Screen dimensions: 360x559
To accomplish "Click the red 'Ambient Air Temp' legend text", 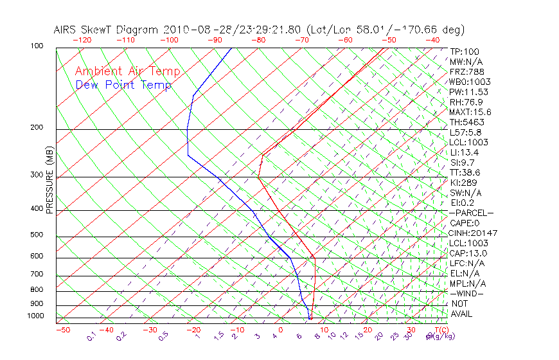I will (127, 71).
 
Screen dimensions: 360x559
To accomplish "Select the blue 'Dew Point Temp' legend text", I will (123, 85).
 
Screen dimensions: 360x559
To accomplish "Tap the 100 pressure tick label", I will (36, 46).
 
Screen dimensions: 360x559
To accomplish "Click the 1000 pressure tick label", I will (36, 316).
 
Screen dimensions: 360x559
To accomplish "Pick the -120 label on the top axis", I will (82, 39).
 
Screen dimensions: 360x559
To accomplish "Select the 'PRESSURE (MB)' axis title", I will (49, 180).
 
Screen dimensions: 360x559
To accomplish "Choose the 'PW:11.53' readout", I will (468, 92).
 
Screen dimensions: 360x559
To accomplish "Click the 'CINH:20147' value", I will (473, 233).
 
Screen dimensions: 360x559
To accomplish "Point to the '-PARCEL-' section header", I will (471, 213).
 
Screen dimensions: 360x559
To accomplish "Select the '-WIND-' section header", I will (467, 293).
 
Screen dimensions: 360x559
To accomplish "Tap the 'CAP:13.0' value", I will (468, 253).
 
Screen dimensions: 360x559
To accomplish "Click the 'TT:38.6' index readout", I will (465, 172).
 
